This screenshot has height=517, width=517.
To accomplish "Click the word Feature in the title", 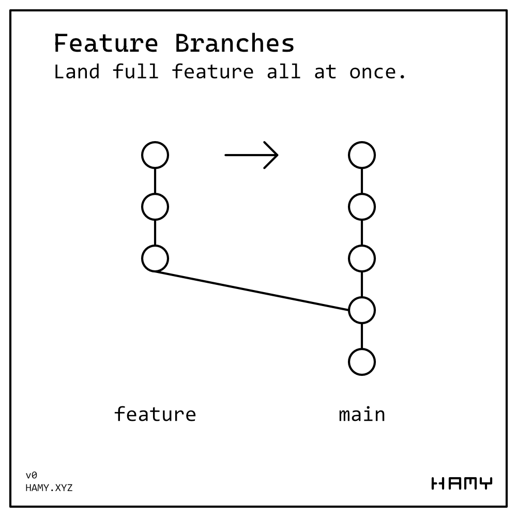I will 106,43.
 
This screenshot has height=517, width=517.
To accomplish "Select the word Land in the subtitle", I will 77,72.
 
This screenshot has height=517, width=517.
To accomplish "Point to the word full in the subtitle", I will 135,72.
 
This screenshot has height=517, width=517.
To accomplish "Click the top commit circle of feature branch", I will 155,155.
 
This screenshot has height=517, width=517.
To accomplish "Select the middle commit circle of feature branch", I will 155,207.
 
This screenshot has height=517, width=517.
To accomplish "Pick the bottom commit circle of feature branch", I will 155,258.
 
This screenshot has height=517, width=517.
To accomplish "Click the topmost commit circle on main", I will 362,155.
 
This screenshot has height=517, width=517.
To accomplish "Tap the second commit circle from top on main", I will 362,207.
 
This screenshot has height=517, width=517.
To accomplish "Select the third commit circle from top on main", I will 362,258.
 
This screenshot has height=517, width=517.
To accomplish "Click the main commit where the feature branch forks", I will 362,310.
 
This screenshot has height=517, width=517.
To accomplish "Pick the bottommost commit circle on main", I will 362,362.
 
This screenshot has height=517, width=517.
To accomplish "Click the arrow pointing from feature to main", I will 252,155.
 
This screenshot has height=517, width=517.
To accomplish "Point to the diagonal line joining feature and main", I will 252,291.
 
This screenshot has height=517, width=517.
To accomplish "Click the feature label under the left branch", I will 155,414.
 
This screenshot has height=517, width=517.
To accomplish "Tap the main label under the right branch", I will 362,414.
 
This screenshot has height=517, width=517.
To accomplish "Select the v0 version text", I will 32,475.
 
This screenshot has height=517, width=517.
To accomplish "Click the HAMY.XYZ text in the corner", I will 49,488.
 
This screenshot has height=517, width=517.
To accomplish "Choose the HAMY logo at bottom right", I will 462,483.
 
